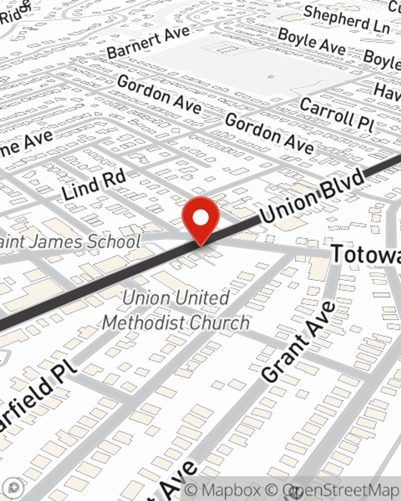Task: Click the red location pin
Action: pos(200,219)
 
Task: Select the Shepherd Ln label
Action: pos(346,20)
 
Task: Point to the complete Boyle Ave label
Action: pos(312,41)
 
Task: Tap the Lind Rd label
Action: pos(95,185)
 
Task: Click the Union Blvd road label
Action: pos(312,196)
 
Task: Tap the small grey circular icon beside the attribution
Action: pos(14,487)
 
